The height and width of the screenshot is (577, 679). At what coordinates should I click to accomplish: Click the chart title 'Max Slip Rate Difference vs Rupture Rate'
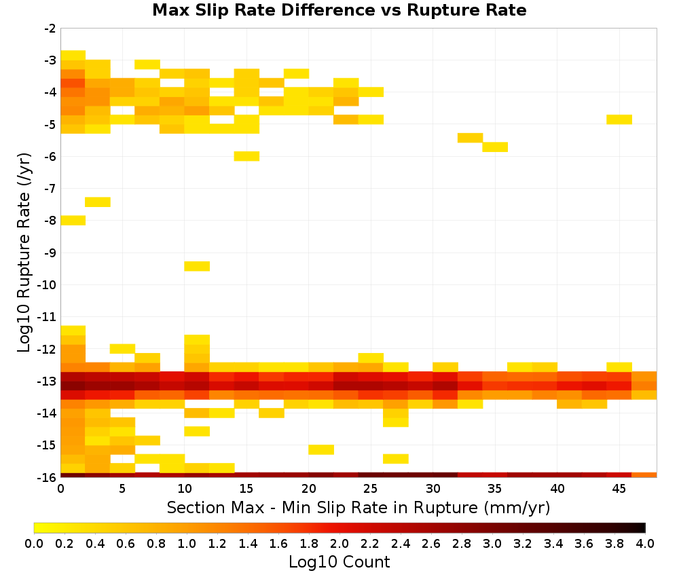[339, 10]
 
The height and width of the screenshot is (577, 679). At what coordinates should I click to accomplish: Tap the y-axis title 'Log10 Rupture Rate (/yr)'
[24, 253]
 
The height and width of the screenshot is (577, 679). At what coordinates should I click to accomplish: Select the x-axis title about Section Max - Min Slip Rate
[359, 507]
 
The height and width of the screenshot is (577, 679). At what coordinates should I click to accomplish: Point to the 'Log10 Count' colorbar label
[339, 562]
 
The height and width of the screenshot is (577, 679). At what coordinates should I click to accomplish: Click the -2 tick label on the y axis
[50, 29]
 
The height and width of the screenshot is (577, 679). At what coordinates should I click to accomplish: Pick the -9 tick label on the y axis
[50, 253]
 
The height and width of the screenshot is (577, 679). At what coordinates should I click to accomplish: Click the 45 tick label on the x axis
[619, 489]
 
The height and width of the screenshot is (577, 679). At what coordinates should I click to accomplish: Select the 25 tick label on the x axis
[371, 489]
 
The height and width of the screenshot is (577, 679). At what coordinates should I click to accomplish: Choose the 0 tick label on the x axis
[60, 489]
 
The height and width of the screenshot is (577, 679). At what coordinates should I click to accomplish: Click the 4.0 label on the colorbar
[645, 544]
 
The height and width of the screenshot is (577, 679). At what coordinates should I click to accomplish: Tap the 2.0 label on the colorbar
[339, 544]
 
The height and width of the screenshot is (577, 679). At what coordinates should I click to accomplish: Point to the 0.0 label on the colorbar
[34, 544]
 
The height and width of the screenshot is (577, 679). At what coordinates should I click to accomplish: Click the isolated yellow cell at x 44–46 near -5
[619, 119]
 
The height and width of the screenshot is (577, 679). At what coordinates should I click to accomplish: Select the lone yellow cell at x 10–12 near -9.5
[197, 266]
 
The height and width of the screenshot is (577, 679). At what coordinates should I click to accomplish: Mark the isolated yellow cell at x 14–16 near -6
[247, 156]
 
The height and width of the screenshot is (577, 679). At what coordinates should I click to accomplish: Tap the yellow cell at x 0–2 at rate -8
[73, 221]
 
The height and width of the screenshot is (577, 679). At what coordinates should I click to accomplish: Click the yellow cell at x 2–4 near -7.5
[98, 202]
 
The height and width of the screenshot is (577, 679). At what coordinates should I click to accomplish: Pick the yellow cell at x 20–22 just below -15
[321, 450]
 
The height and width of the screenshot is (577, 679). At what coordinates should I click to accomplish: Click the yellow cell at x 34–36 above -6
[495, 147]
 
